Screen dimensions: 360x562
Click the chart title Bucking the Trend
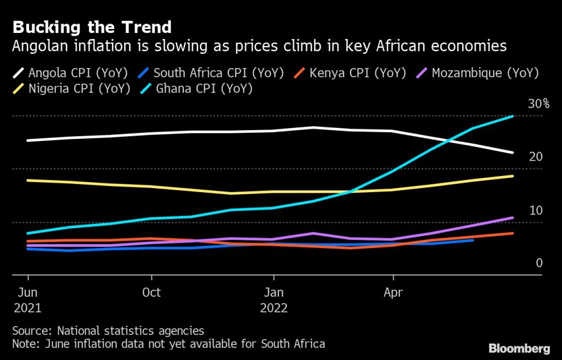point(92,27)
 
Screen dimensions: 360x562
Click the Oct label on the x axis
point(151,292)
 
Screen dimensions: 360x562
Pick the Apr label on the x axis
point(393,292)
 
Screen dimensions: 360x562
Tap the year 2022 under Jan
point(274,308)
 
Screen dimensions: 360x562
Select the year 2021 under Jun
point(27,308)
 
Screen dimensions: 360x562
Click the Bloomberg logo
point(519,348)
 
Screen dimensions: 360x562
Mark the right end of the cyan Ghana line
point(513,116)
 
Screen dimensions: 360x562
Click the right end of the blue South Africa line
point(473,240)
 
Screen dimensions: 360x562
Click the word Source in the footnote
point(32,331)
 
